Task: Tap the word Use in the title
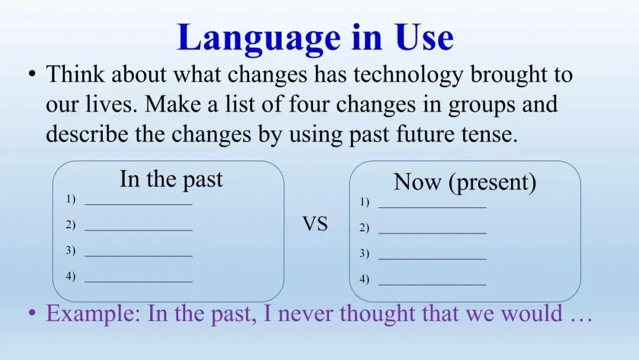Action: pyautogui.click(x=424, y=37)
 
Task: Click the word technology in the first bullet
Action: pyautogui.click(x=408, y=75)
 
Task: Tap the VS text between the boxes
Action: pyautogui.click(x=315, y=224)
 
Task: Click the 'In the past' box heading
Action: pyautogui.click(x=171, y=180)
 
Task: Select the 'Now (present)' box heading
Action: pyautogui.click(x=465, y=182)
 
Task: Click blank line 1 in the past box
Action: pyautogui.click(x=138, y=204)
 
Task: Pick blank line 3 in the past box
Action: pyautogui.click(x=138, y=256)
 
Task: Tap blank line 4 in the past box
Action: pyautogui.click(x=138, y=281)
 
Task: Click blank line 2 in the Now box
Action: pyautogui.click(x=433, y=233)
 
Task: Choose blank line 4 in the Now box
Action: pyautogui.click(x=433, y=285)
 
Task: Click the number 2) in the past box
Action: pyautogui.click(x=70, y=224)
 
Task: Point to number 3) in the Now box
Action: pyautogui.click(x=364, y=253)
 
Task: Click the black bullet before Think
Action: pyautogui.click(x=32, y=74)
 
